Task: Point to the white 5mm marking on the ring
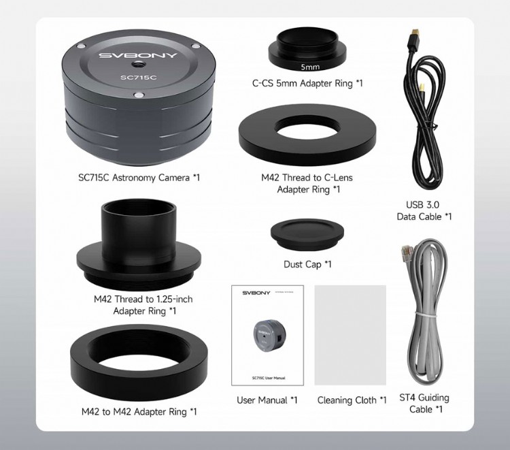click(x=310, y=67)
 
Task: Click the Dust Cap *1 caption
click(x=307, y=264)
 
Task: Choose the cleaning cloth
click(x=350, y=336)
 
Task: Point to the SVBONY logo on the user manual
click(x=256, y=293)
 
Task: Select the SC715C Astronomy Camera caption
click(x=139, y=178)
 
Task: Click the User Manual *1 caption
click(x=267, y=400)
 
